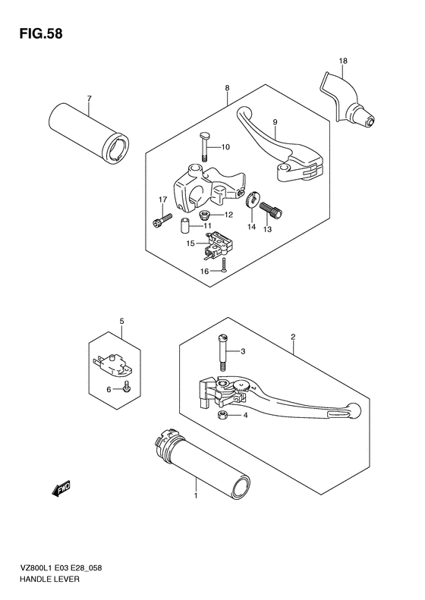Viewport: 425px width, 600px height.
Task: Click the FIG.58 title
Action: pyautogui.click(x=41, y=33)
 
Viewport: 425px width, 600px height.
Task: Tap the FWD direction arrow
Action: pyautogui.click(x=61, y=488)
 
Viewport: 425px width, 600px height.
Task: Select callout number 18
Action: pyautogui.click(x=343, y=61)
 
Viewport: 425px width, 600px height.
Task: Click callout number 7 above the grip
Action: pyautogui.click(x=90, y=99)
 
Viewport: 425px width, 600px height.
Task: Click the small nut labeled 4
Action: pyautogui.click(x=221, y=415)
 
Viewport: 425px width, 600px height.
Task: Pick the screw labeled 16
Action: pyautogui.click(x=225, y=265)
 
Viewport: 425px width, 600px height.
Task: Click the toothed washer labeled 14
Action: pyautogui.click(x=253, y=199)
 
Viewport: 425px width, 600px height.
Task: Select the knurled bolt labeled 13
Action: pyautogui.click(x=271, y=210)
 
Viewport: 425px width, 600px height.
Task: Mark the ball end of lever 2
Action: pyautogui.click(x=354, y=410)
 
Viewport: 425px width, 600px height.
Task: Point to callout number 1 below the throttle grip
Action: pyautogui.click(x=196, y=495)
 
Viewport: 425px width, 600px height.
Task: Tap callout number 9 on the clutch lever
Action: pyautogui.click(x=275, y=122)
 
